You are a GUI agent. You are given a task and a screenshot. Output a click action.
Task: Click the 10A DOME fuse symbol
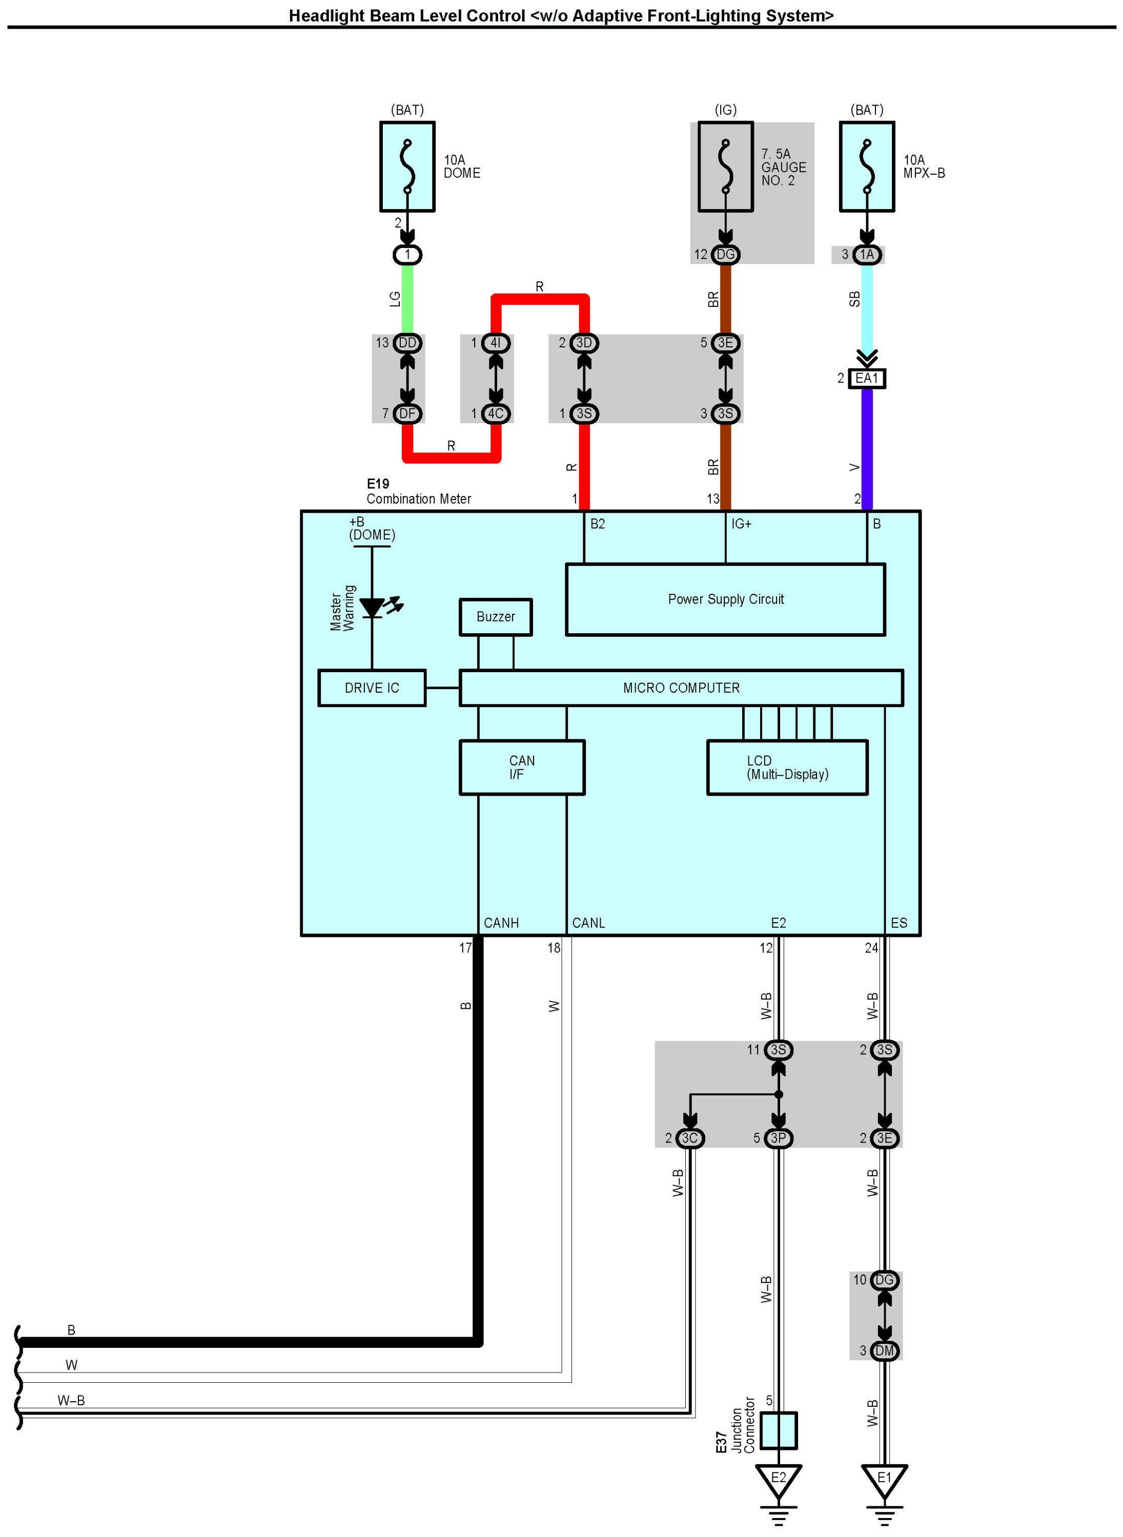407,167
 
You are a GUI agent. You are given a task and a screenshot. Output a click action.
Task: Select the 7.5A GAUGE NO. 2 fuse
725,167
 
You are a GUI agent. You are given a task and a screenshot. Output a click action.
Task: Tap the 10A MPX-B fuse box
867,167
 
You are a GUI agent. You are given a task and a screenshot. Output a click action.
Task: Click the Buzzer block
496,617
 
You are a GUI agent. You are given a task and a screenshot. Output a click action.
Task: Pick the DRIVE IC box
372,688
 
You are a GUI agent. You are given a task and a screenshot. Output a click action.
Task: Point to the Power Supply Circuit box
725,599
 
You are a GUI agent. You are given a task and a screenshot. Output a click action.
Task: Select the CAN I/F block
521,767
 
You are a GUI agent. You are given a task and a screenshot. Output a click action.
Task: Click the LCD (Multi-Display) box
787,767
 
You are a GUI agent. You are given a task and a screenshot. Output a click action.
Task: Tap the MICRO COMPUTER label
681,688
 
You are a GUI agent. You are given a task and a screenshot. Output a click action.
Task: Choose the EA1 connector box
867,378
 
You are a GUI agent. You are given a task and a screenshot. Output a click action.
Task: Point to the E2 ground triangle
779,1479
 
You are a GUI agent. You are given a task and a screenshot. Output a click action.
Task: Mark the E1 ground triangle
884,1479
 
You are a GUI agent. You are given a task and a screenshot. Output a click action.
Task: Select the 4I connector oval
496,342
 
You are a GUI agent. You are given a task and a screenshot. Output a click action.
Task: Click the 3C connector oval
689,1137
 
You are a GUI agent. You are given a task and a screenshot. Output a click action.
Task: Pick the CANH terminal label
501,923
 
